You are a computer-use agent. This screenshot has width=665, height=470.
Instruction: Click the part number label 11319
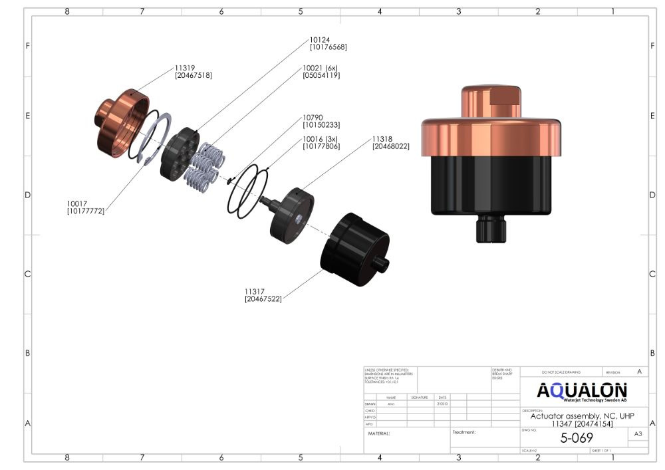[x=185, y=68]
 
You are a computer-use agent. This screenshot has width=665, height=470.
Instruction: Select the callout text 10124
[x=320, y=39]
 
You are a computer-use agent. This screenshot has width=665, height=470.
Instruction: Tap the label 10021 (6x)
[x=321, y=68]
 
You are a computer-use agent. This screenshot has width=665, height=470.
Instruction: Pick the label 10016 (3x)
[x=321, y=138]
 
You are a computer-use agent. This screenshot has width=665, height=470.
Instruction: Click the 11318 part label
[x=384, y=138]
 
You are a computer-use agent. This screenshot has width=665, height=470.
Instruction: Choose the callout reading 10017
[x=76, y=203]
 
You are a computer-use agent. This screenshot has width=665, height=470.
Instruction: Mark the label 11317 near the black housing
[x=255, y=291]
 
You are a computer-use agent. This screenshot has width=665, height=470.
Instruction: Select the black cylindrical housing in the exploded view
[x=354, y=248]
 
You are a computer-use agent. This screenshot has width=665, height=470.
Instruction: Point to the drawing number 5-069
[x=576, y=438]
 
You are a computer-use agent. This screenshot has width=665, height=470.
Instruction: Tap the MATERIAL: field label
[x=379, y=433]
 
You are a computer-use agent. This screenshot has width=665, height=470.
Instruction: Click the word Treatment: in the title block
[x=464, y=432]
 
